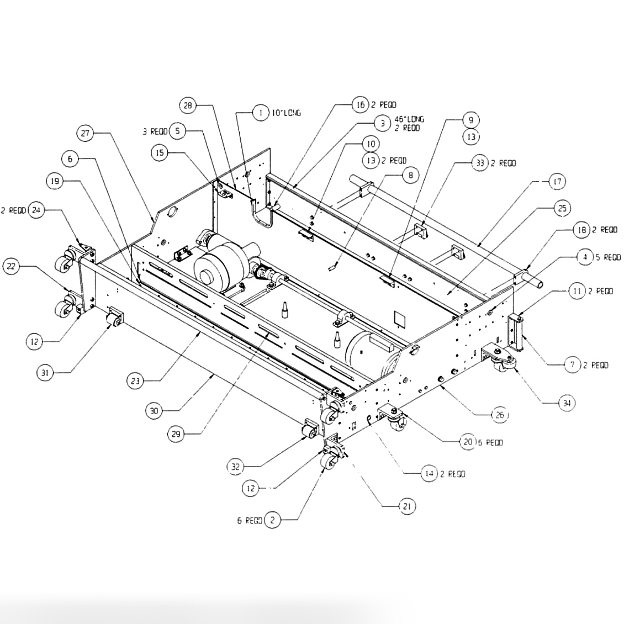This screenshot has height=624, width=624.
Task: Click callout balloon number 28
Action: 188,105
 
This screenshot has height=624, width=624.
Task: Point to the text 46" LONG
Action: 409,119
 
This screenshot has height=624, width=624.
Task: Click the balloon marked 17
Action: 557,181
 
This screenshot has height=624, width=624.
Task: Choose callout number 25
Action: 562,208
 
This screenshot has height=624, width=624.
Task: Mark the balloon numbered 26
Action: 499,415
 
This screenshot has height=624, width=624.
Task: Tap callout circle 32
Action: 236,467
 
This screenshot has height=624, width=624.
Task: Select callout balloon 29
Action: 176,434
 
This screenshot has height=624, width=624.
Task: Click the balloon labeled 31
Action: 45,373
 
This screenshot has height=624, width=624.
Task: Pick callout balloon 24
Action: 37,210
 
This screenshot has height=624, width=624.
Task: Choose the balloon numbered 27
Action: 86,133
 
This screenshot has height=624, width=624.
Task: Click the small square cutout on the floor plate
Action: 399,319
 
